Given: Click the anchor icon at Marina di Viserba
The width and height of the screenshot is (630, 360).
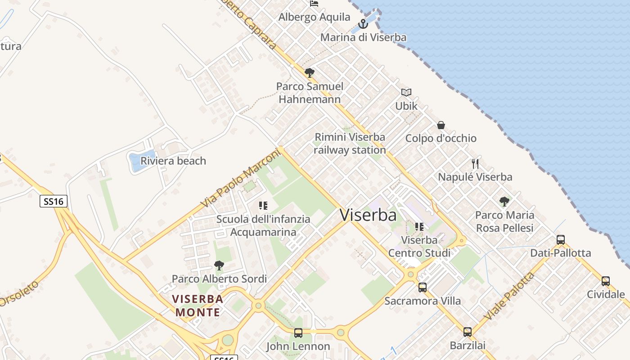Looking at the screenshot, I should click(363, 24).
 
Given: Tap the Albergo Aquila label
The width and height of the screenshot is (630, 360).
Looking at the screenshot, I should click(314, 17).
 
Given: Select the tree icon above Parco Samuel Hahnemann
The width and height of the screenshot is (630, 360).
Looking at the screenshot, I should click(309, 72).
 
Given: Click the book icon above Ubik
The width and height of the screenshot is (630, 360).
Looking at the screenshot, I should click(406, 92).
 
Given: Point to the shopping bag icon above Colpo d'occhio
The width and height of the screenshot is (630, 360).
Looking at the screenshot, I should click(441, 125).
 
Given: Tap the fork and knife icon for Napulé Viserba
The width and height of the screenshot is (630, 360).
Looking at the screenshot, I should click(475, 163).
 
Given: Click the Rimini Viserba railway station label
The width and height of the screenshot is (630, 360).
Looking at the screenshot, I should click(350, 144).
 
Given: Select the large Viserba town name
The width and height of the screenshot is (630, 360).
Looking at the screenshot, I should click(368, 215).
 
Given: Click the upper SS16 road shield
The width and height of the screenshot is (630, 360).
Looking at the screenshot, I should click(54, 201).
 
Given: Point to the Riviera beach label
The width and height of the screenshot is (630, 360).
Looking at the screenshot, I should click(173, 161).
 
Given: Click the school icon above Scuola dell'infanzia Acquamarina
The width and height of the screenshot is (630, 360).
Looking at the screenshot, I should click(263, 206).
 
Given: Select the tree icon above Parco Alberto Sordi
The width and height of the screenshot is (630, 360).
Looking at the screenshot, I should click(219, 265).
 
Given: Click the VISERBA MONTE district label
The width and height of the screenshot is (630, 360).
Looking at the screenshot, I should click(198, 306).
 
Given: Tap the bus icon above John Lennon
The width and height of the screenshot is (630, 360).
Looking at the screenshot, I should click(298, 333).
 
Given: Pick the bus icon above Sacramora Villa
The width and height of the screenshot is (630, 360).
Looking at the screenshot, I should click(422, 287).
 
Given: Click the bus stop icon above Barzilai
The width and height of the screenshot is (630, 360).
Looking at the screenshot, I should click(468, 332).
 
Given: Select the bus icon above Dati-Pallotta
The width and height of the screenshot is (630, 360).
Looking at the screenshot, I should click(560, 240).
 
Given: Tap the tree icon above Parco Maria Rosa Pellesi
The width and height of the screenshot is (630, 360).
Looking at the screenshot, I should click(504, 202).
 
